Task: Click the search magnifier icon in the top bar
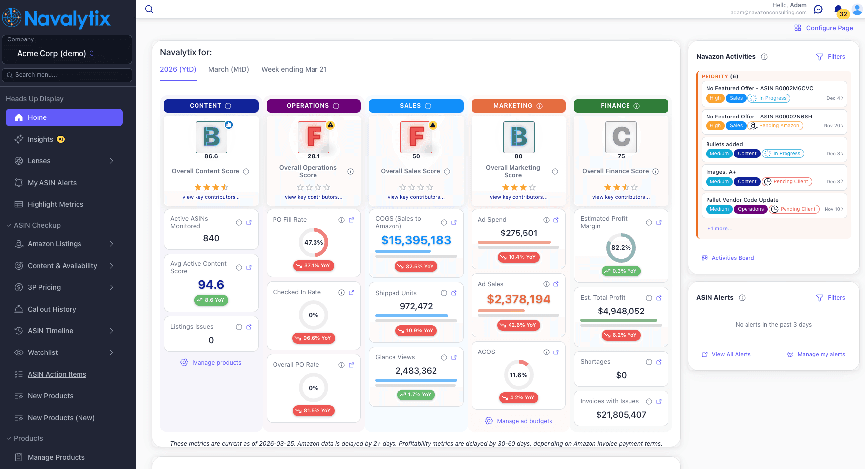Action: coord(149,9)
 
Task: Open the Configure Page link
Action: coord(829,28)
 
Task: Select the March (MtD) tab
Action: coord(229,69)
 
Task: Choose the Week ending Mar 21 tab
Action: coord(294,69)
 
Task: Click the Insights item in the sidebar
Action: coord(40,139)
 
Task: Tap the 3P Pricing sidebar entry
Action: coord(44,287)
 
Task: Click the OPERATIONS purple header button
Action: coord(314,106)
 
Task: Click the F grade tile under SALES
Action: coord(416,137)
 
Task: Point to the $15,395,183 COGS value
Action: coord(416,240)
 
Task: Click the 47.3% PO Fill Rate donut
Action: coord(314,242)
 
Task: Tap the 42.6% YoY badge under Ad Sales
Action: coord(518,325)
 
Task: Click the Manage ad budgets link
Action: coord(524,421)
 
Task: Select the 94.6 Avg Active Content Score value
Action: coord(211,285)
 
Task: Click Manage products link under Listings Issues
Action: coord(217,363)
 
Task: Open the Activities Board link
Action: coord(733,258)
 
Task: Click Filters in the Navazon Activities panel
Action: coord(836,57)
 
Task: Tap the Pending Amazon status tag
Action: coord(779,126)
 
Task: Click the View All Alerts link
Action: coord(731,354)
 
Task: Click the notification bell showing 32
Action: coord(838,9)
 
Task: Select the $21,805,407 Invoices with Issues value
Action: coord(621,415)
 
